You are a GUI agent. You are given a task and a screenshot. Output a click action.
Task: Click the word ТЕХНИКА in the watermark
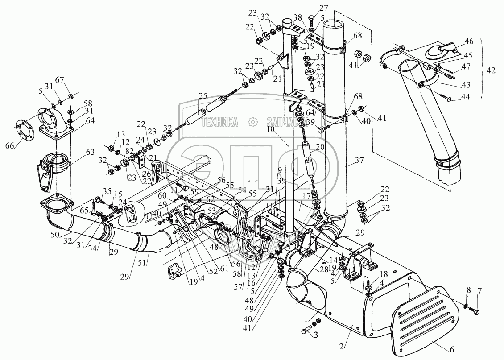click(220, 121)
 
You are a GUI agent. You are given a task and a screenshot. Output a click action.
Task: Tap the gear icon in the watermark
click(253, 121)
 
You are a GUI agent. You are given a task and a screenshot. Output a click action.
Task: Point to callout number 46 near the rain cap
click(469, 41)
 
